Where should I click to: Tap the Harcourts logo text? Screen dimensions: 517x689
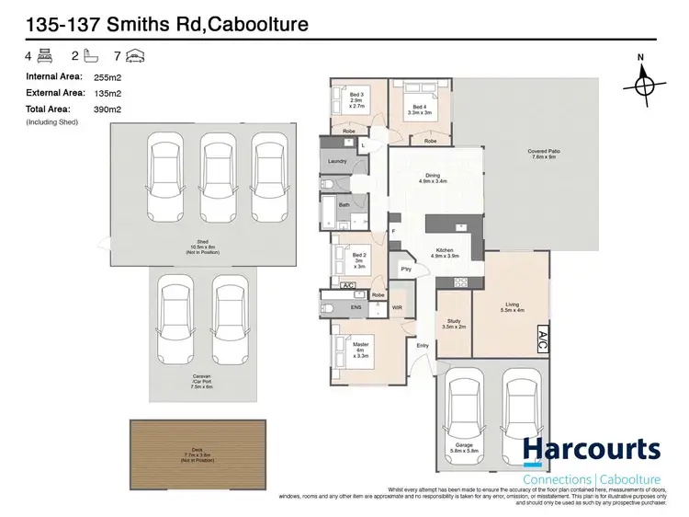point(592,450)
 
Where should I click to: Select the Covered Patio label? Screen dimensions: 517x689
point(544,154)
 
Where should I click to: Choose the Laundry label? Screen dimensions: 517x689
point(337,162)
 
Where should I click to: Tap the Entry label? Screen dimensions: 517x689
point(423,345)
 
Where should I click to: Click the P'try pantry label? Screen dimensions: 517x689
point(405,269)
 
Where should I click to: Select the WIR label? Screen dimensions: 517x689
point(398,306)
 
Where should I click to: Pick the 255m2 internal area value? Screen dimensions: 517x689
point(108,78)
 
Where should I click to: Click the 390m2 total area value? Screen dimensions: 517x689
point(108,109)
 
